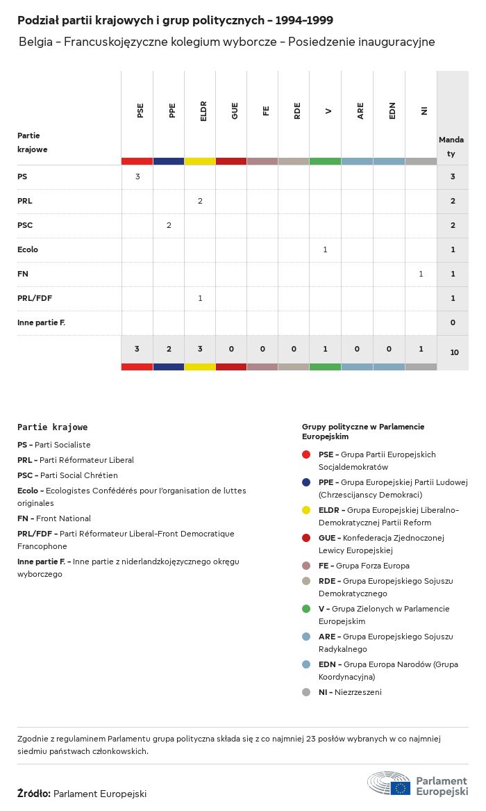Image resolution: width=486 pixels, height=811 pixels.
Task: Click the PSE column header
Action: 140,110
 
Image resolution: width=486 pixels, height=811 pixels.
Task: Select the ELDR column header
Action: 203,112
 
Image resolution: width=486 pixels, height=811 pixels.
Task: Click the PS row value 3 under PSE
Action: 137,177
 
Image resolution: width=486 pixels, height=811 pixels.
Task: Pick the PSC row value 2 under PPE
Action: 169,225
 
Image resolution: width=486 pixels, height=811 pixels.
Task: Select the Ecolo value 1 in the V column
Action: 325,249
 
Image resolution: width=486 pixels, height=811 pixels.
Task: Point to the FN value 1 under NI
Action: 421,274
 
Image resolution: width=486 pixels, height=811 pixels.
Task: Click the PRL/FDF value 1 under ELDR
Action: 200,298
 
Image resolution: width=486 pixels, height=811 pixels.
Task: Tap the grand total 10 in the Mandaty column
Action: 454,352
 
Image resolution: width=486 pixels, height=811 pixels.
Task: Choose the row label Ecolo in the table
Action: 28,249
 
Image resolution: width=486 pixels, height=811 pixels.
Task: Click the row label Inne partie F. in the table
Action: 41,322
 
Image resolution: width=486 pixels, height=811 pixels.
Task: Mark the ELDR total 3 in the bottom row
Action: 200,349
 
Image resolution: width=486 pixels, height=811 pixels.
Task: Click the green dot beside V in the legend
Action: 306,609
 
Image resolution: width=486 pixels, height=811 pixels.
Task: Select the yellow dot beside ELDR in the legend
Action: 306,510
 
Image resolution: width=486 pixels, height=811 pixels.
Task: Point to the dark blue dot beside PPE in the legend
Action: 306,482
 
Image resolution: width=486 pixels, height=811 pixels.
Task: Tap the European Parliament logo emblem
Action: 389,783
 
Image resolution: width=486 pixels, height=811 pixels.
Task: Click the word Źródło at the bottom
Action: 33,793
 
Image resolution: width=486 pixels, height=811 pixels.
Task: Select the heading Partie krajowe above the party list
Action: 53,427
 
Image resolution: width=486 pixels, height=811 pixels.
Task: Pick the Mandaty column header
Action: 451,147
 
